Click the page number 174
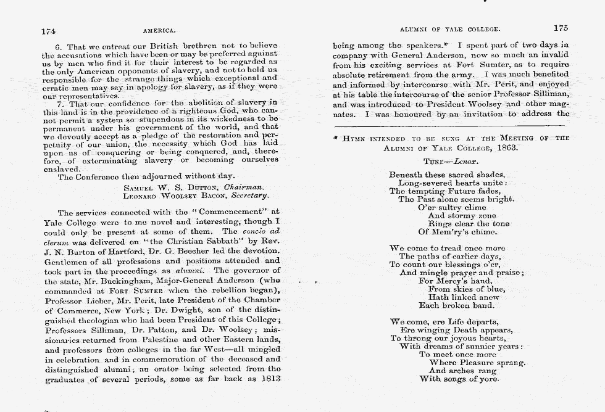coord(49,30)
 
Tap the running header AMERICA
coord(160,30)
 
